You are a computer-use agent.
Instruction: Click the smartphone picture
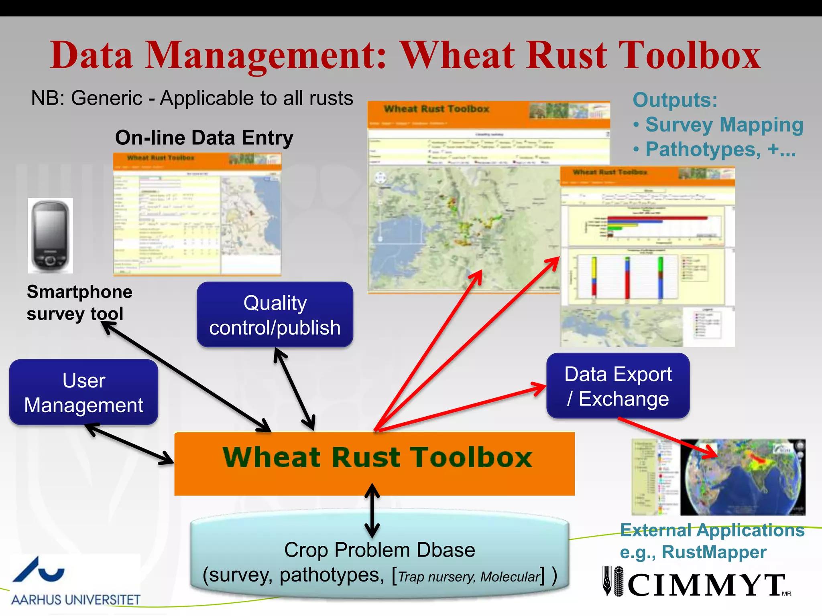point(50,235)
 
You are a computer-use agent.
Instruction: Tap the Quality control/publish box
point(275,315)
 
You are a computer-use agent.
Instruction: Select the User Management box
point(83,392)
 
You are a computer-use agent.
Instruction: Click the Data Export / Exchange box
point(618,386)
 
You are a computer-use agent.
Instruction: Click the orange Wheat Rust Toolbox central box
point(374,464)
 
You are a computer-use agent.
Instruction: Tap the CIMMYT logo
point(696,584)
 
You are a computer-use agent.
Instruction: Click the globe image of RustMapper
point(743,477)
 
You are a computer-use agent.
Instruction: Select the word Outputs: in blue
point(675,100)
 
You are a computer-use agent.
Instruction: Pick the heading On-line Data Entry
point(204,138)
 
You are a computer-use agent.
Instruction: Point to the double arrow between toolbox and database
point(372,511)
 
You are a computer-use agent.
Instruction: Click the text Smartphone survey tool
point(79,303)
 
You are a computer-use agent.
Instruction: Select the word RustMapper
point(714,552)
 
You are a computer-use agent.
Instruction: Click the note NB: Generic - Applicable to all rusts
point(192,98)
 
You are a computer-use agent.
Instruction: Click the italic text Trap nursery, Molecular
point(468,577)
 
